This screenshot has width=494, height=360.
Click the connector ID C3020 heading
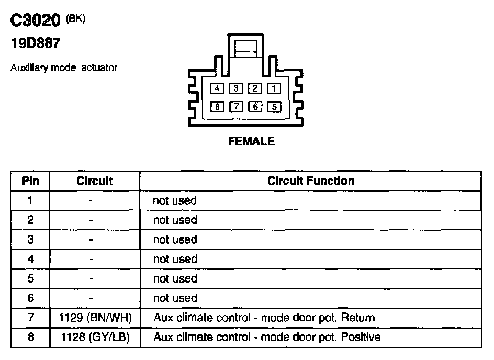[x=36, y=22]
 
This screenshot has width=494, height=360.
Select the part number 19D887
[x=35, y=44]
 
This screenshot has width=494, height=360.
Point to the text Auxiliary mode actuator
[x=64, y=68]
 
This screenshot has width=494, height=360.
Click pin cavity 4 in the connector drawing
[x=217, y=88]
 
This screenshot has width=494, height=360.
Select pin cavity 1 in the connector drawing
[x=274, y=88]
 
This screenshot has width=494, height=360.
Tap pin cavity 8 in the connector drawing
[x=217, y=107]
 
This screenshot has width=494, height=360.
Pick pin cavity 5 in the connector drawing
[x=274, y=107]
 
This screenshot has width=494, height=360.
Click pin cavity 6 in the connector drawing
[x=255, y=107]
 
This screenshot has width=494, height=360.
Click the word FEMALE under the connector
[x=251, y=141]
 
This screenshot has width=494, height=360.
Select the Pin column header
[x=30, y=181]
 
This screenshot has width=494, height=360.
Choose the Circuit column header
[x=95, y=181]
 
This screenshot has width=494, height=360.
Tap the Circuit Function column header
[x=310, y=181]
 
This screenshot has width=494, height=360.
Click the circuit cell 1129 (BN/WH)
[x=95, y=318]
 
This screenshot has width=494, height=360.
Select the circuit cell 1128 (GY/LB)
[x=95, y=337]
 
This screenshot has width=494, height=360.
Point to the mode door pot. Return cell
[x=264, y=318]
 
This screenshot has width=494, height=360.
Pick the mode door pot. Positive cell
[x=267, y=337]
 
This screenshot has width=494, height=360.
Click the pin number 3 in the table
[x=30, y=240]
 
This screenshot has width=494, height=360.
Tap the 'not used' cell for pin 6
[x=175, y=298]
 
